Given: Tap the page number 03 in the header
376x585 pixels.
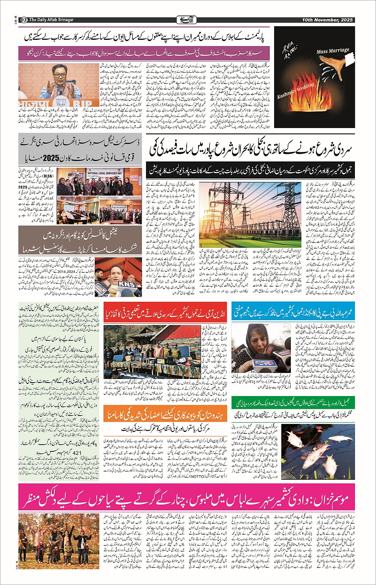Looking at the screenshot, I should coord(23,20).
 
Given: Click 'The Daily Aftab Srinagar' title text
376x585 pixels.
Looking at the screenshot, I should coord(51,20).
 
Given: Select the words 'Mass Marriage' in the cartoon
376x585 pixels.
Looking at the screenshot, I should coord(333,51).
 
